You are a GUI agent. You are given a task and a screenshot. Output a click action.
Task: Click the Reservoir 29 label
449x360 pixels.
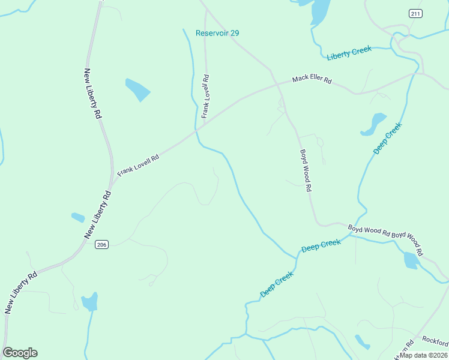(x=217, y=33)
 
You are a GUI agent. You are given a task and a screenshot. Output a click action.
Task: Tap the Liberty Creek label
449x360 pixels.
(x=349, y=53)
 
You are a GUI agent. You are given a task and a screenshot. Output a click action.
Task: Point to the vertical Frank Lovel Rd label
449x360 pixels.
(x=205, y=96)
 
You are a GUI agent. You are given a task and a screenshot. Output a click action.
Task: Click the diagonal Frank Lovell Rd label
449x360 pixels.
(x=138, y=164)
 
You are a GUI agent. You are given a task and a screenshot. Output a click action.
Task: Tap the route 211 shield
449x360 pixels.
(x=415, y=13)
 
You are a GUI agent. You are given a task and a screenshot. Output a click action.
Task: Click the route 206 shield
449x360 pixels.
(x=101, y=244)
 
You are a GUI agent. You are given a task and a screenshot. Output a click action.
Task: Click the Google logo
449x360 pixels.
(x=20, y=353)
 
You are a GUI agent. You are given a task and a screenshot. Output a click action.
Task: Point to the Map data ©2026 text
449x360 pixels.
(x=423, y=355)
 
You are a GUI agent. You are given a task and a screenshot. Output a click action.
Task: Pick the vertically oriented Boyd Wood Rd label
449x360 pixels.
(x=306, y=170)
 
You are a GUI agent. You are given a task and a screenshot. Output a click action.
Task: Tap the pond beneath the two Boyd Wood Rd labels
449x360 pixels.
(x=411, y=260)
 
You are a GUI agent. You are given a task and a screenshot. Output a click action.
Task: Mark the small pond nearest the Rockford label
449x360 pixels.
(x=362, y=342)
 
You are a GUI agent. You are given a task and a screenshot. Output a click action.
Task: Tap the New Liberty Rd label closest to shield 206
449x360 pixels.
(x=98, y=214)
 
